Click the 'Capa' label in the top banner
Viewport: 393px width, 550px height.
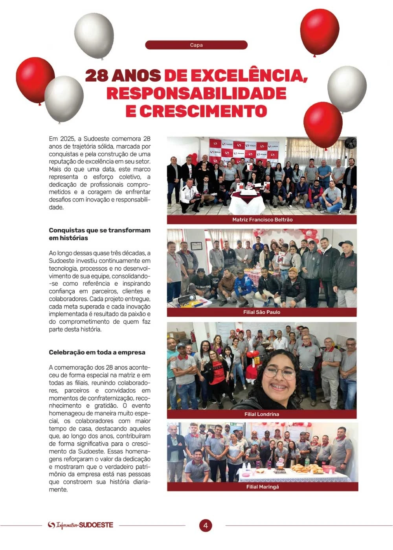point(196,45)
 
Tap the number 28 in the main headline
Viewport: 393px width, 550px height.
point(96,75)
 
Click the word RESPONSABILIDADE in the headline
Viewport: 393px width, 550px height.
point(196,93)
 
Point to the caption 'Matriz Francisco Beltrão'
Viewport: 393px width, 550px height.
point(262,220)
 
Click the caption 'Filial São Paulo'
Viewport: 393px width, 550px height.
point(262,312)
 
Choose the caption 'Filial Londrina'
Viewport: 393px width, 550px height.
point(262,414)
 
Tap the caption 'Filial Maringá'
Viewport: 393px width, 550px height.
point(263,487)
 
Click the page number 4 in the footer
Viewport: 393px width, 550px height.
point(205,526)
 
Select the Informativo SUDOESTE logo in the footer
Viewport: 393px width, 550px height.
point(81,525)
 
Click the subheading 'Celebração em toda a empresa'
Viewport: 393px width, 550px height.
point(97,352)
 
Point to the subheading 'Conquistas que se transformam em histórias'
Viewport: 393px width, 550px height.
point(99,234)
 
